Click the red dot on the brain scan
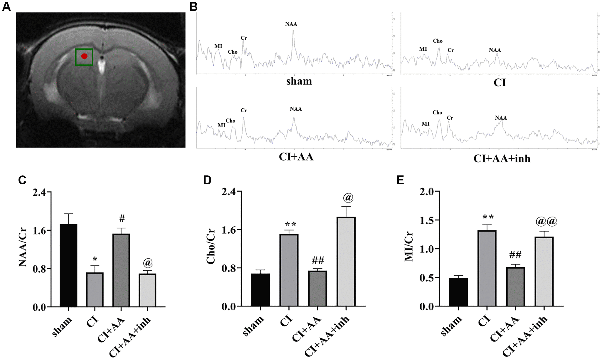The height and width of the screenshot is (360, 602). coord(84,56)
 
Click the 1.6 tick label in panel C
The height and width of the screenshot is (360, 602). coord(39,230)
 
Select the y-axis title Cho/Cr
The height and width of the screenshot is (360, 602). coord(211,247)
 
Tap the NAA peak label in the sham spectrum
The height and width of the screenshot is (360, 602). coord(291,24)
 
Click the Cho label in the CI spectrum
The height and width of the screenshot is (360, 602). coord(438,41)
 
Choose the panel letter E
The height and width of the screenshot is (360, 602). coord(400,180)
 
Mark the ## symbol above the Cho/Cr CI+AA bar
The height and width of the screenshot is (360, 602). coord(318,260)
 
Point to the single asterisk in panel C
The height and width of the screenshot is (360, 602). coord(95,259)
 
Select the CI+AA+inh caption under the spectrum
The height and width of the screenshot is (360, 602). coord(502,159)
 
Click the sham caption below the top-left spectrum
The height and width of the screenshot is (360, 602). coord(299,81)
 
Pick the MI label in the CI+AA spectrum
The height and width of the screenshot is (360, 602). coord(221,125)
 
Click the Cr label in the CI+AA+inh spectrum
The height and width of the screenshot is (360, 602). coord(450,118)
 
